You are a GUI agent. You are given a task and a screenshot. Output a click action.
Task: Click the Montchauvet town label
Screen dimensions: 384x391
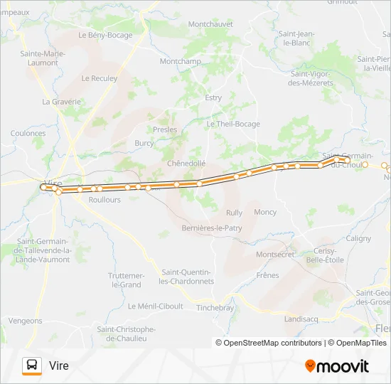pyautogui.click(x=210, y=23)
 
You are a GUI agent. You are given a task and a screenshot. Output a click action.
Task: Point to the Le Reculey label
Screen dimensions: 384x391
pyautogui.click(x=100, y=78)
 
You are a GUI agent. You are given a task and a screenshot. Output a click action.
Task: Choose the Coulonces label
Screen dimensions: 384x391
pyautogui.click(x=28, y=133)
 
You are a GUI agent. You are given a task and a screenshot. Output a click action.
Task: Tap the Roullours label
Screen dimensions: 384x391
pyautogui.click(x=105, y=200)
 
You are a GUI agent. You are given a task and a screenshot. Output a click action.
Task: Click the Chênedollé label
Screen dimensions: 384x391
pyautogui.click(x=186, y=163)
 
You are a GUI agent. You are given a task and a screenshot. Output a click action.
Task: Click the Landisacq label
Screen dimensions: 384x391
pyautogui.click(x=300, y=319)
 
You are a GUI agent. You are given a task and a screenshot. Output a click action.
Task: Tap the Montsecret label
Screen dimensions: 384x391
pyautogui.click(x=275, y=254)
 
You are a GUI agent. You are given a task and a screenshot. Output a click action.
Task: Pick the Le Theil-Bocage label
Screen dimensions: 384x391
pyautogui.click(x=232, y=124)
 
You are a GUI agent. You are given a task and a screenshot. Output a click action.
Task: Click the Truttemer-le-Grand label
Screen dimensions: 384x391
pyautogui.click(x=126, y=279)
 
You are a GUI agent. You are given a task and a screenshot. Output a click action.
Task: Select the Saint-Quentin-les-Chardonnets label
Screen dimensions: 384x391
pyautogui.click(x=188, y=277)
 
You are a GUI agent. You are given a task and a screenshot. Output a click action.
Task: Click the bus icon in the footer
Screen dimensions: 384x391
pyautogui.click(x=32, y=366)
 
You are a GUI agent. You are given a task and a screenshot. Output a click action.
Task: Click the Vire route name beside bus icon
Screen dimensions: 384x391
pyautogui.click(x=59, y=366)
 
